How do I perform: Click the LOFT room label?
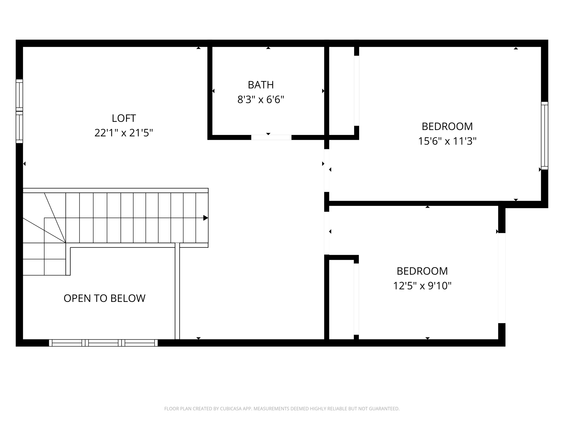(x=124, y=118)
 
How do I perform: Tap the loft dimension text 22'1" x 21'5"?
(x=124, y=133)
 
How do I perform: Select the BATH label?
(x=261, y=85)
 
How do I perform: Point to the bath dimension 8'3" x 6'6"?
(x=261, y=99)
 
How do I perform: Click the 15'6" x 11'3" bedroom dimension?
(x=447, y=141)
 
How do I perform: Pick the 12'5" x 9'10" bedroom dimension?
(x=422, y=286)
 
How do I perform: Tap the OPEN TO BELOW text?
(x=104, y=298)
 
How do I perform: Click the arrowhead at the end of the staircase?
(x=205, y=218)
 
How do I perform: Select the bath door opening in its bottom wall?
(x=271, y=137)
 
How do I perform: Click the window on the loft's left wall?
(x=19, y=111)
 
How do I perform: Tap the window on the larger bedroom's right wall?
(x=544, y=135)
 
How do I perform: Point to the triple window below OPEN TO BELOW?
(x=103, y=343)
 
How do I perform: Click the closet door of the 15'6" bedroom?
(x=356, y=91)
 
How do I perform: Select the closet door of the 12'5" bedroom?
(x=356, y=299)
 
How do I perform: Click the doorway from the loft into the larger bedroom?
(x=327, y=170)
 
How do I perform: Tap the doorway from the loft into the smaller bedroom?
(x=327, y=233)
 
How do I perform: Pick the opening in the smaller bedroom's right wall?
(x=501, y=278)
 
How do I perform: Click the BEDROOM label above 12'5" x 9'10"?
(x=422, y=271)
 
